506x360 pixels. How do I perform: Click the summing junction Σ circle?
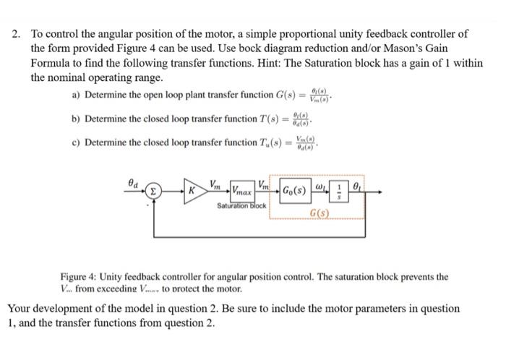point(153,193)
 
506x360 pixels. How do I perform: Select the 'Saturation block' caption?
point(242,207)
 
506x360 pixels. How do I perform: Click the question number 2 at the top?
point(16,34)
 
